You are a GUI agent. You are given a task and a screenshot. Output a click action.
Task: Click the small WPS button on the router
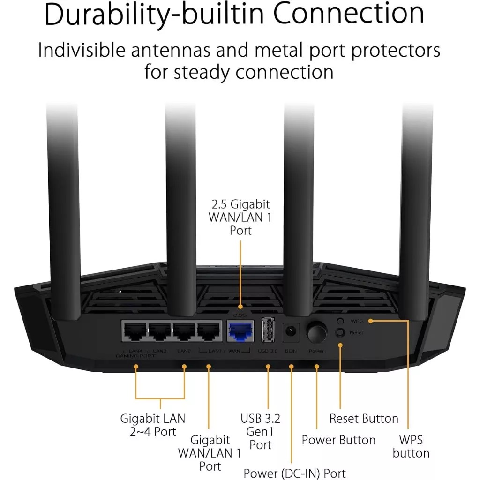[341, 321]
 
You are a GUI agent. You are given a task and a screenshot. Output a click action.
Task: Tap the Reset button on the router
[341, 332]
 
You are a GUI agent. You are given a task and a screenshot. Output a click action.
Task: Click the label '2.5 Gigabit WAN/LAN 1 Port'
[240, 217]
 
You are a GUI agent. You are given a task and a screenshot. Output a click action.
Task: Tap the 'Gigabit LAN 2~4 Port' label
[153, 424]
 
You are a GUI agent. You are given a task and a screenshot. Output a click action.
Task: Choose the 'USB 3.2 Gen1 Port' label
[261, 431]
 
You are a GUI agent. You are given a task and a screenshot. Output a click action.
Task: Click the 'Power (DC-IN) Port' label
[294, 472]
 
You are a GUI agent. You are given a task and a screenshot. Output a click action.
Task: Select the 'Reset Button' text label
[364, 418]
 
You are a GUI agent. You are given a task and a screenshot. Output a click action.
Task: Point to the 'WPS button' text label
[411, 446]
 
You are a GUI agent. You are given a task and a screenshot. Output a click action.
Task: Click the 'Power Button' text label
[338, 440]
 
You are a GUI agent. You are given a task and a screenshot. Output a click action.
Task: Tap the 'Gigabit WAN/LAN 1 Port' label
[210, 453]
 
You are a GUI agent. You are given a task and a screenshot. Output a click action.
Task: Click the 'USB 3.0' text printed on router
[268, 351]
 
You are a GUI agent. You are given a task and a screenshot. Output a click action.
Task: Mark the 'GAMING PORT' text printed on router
[135, 356]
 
